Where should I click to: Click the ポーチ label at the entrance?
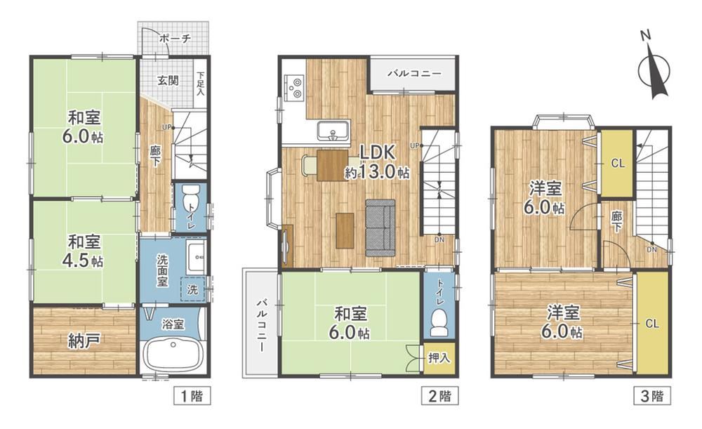(x=175, y=39)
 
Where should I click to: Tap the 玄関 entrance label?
(x=168, y=81)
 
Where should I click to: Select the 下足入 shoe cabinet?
(x=201, y=84)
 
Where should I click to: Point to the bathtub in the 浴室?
(x=173, y=352)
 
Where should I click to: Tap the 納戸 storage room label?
(x=84, y=341)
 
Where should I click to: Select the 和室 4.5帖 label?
(x=85, y=251)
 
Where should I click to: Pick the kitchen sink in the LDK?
(x=333, y=132)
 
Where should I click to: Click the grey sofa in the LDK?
(x=380, y=227)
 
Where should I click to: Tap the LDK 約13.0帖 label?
(x=378, y=162)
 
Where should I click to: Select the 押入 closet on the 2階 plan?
(x=439, y=358)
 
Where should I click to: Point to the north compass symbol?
(x=654, y=68)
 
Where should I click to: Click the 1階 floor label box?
(x=192, y=396)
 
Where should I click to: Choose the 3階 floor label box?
(x=652, y=396)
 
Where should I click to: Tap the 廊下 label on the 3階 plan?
(x=616, y=222)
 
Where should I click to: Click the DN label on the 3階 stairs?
(x=652, y=249)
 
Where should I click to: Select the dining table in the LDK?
(x=332, y=165)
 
